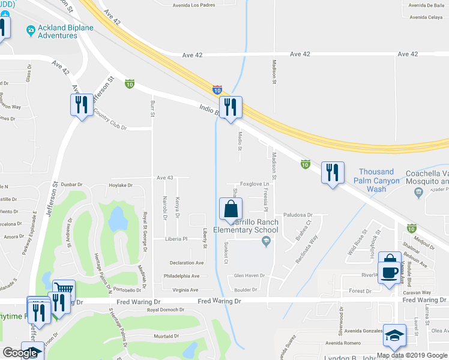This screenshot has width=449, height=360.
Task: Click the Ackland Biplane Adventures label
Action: tap(58, 31)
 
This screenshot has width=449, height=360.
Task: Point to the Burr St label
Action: tap(152, 109)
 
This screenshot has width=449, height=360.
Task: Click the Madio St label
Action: tap(240, 142)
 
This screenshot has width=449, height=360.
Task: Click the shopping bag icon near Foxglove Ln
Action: tap(231, 210)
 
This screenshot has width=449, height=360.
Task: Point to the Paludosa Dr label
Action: tap(298, 214)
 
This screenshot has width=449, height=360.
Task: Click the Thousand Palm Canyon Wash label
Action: tap(376, 180)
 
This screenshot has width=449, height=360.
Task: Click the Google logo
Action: tap(20, 353)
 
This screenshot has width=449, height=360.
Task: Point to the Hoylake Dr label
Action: tap(121, 186)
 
